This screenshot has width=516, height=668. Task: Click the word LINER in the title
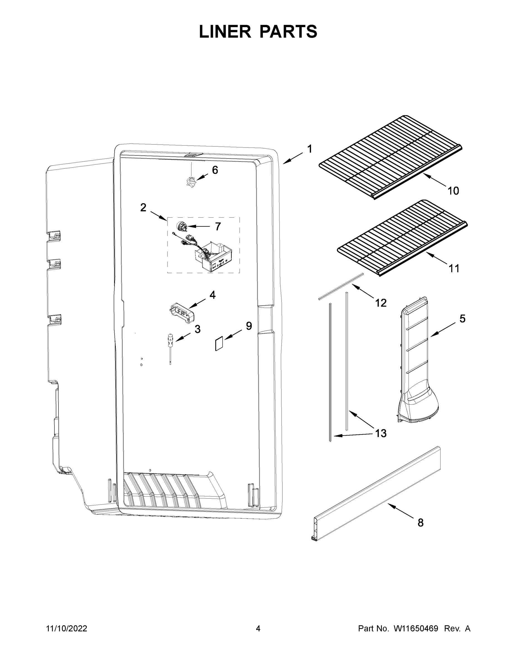[225, 31]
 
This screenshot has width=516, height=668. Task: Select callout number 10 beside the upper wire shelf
[453, 191]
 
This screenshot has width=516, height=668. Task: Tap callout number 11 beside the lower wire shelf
[454, 269]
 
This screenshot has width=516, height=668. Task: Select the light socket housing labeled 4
[181, 313]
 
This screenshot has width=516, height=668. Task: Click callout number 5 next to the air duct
[463, 319]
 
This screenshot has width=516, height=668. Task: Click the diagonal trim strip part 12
[341, 286]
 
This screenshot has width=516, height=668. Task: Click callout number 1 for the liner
[310, 149]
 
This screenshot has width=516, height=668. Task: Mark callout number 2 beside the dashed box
[143, 208]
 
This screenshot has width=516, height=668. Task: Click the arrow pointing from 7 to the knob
[199, 227]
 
